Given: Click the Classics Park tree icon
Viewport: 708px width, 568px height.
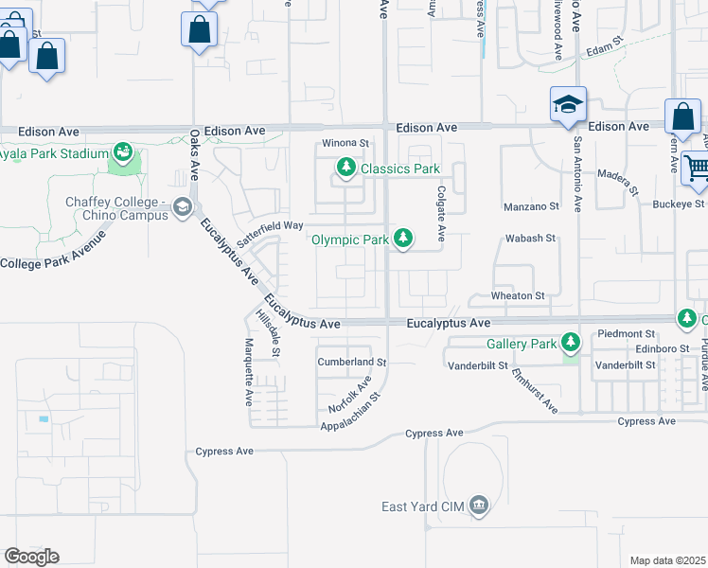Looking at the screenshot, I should [346, 169].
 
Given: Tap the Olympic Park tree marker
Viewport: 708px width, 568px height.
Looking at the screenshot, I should [404, 239].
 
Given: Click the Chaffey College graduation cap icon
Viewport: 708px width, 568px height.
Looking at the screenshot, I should [183, 209].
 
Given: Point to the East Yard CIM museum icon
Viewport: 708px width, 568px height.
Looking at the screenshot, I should [479, 506].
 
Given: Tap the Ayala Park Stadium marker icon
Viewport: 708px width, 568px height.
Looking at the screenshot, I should [122, 152].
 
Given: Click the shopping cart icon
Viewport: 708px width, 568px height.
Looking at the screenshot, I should [697, 169].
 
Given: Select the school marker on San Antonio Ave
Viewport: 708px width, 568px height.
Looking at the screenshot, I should [568, 104].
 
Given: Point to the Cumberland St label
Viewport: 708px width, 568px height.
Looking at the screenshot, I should [352, 363].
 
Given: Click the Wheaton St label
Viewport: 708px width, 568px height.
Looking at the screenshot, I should [518, 296].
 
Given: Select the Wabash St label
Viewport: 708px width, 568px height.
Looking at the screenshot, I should [530, 239].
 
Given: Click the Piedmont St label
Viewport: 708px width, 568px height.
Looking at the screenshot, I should [628, 334].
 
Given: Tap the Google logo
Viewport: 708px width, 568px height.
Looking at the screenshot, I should [31, 557].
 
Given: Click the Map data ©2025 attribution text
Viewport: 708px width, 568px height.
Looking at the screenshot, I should [668, 560].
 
